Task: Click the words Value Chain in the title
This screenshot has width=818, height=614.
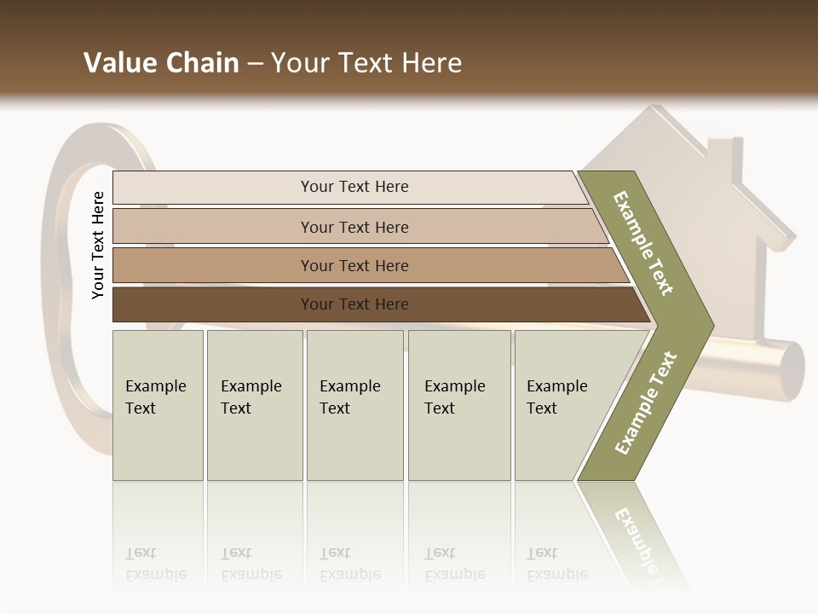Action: [x=161, y=63]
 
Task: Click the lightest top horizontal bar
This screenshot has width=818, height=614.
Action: [x=354, y=187]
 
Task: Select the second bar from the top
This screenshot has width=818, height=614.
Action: [x=354, y=227]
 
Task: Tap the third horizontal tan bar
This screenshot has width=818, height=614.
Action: [x=354, y=266]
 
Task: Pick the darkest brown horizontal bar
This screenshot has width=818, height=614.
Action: [x=354, y=304]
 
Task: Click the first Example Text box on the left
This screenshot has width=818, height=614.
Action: [x=158, y=405]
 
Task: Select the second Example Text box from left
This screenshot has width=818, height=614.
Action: [x=254, y=405]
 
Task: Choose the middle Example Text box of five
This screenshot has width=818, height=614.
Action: [x=354, y=405]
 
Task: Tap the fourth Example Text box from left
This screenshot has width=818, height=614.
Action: [x=459, y=405]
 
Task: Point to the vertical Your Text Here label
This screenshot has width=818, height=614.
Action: [x=98, y=246]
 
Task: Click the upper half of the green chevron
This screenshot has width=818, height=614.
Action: [x=643, y=243]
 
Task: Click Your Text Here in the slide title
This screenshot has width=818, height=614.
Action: [x=366, y=63]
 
